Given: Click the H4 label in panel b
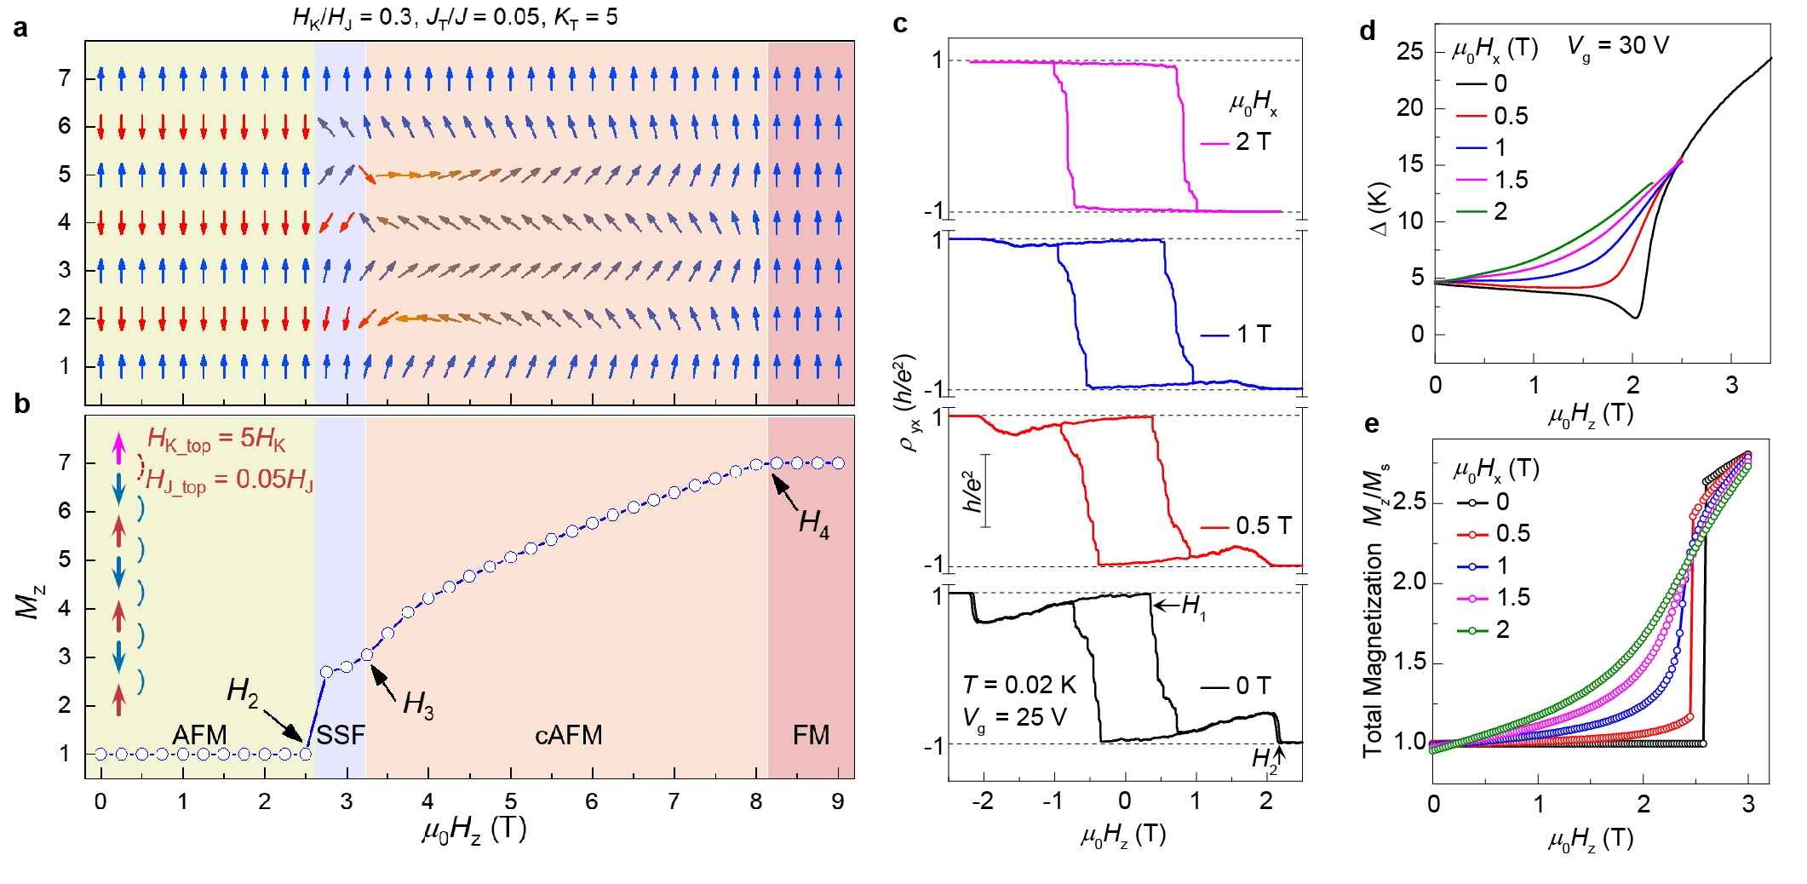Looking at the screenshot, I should click(813, 523).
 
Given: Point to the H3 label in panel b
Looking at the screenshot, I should click(417, 704).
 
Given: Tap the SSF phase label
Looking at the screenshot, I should click(341, 735).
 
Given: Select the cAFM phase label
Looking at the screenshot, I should click(568, 735).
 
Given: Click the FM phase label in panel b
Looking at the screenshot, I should click(811, 735).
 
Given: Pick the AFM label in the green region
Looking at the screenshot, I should click(199, 735).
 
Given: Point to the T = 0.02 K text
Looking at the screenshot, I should click(1019, 685).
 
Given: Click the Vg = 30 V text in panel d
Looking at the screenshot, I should click(1618, 46).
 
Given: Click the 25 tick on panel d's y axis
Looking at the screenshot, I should click(1410, 52).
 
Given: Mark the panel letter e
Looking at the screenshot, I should click(1371, 423).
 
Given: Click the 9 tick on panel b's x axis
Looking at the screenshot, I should click(838, 801).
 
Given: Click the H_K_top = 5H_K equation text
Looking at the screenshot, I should click(216, 439).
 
